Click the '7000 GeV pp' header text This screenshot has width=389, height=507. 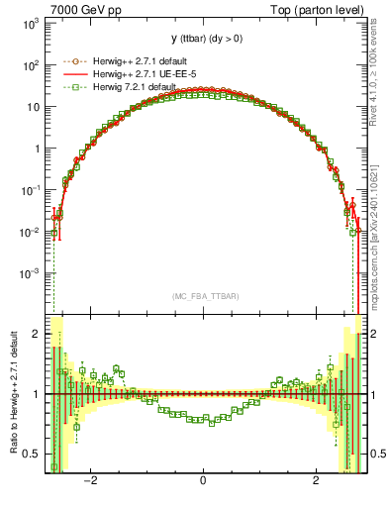[77, 8]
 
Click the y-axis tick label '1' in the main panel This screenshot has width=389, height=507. [37, 149]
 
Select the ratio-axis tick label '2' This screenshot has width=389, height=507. [37, 334]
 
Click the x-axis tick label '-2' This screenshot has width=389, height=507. [90, 482]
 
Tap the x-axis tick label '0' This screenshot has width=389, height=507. [203, 482]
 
